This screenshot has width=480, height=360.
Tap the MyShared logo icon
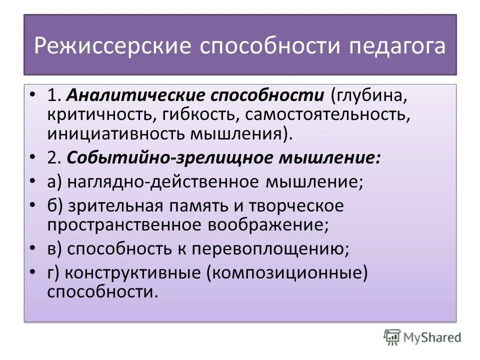tap(392, 337)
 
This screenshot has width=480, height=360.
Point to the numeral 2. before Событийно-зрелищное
tap(54, 158)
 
